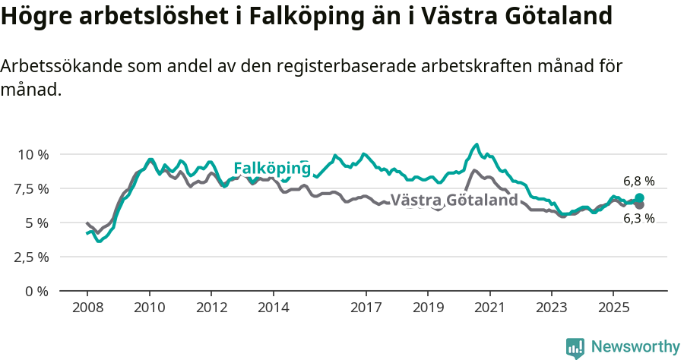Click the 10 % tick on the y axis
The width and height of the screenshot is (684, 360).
pyautogui.click(x=33, y=154)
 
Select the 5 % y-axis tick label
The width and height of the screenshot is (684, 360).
pyautogui.click(x=37, y=223)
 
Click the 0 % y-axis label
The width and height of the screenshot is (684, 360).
pyautogui.click(x=37, y=291)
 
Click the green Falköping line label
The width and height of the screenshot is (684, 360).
pyautogui.click(x=271, y=168)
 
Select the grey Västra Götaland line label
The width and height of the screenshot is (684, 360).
pyautogui.click(x=459, y=201)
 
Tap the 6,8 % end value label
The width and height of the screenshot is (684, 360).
pyautogui.click(x=638, y=182)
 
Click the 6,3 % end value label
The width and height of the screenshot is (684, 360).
pyautogui.click(x=638, y=219)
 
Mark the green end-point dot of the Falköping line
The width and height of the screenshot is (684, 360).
pyautogui.click(x=640, y=198)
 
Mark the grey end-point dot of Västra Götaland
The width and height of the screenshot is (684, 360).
pyautogui.click(x=640, y=205)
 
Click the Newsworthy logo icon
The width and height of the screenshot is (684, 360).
pyautogui.click(x=575, y=347)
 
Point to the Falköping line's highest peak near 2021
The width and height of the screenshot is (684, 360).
pyautogui.click(x=477, y=144)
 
